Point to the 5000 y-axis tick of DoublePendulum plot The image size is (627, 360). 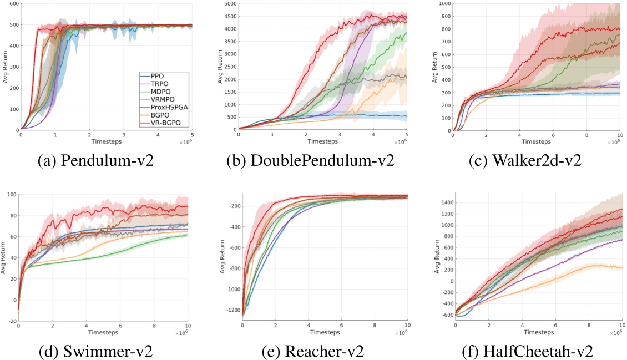228,4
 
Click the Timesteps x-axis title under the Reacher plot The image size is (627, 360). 325,332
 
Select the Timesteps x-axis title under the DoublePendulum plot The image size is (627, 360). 321,140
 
